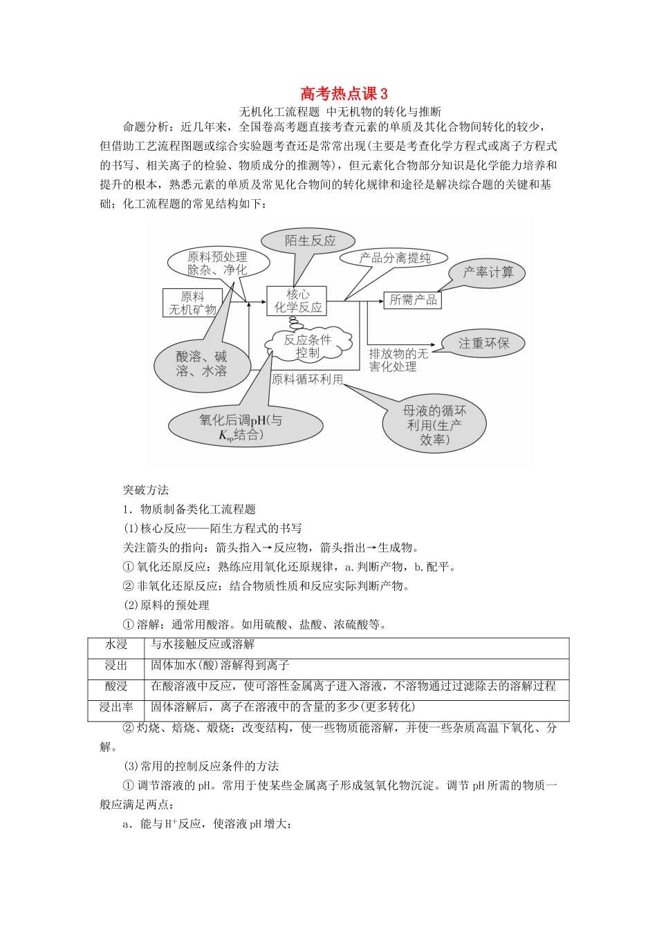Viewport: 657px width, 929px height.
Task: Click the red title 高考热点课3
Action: click(x=344, y=93)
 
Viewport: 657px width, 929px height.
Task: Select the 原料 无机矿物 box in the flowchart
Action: click(x=192, y=303)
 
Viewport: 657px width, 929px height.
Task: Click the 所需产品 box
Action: click(x=413, y=300)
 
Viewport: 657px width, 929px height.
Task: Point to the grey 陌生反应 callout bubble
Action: click(x=310, y=241)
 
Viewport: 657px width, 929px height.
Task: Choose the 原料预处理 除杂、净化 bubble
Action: click(x=216, y=263)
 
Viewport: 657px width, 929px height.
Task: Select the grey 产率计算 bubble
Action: click(x=488, y=272)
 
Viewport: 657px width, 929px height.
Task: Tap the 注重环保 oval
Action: click(x=483, y=343)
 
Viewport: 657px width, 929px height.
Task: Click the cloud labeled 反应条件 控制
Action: click(x=308, y=346)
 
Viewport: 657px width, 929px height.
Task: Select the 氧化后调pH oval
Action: click(x=241, y=426)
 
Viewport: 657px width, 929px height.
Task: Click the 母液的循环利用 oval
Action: click(x=434, y=424)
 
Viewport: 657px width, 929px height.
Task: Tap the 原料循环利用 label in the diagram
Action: click(x=307, y=379)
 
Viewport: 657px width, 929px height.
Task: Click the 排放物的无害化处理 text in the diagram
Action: click(x=398, y=360)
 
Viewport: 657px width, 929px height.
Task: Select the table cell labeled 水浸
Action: click(x=116, y=645)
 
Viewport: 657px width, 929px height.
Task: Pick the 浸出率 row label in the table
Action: click(x=116, y=707)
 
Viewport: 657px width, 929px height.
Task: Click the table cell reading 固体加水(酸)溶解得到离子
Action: click(x=220, y=666)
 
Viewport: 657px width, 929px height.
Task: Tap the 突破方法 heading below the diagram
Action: click(x=146, y=490)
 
